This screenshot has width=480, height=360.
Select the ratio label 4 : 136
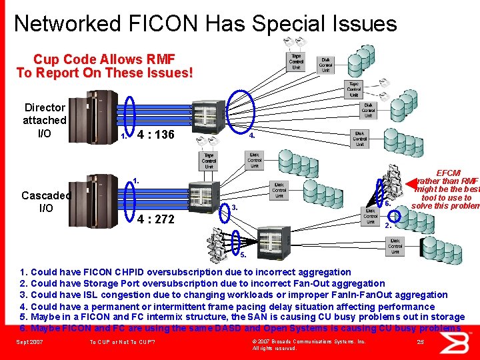(x=155, y=135)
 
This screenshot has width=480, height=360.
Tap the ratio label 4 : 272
(x=156, y=219)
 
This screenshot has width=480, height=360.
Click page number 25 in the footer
(x=420, y=341)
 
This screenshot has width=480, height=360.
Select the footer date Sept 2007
(x=31, y=342)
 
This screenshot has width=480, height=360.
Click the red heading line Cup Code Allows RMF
(x=104, y=59)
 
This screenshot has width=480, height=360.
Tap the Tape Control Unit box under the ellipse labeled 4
(x=209, y=161)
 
